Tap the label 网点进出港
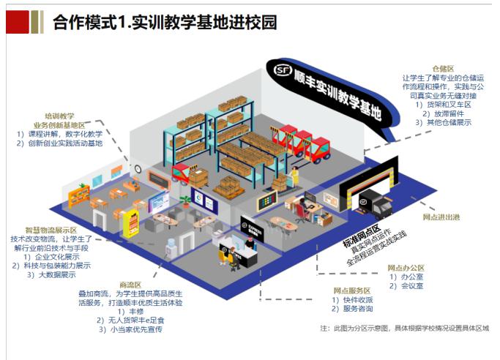pos(441,217)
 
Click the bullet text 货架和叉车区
pos(447,105)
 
